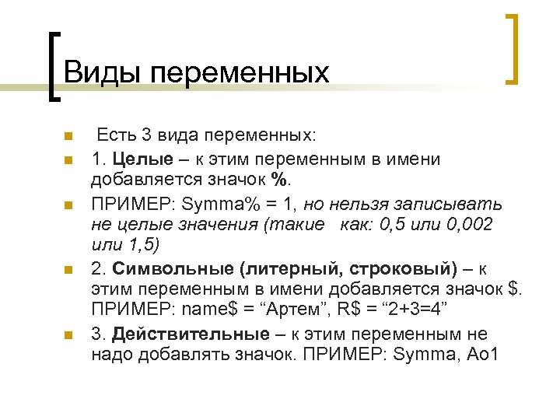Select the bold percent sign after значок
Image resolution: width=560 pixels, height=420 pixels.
click(x=279, y=180)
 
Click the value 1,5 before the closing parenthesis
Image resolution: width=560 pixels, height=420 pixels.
click(x=139, y=246)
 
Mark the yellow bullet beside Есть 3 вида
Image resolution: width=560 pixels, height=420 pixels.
click(x=68, y=137)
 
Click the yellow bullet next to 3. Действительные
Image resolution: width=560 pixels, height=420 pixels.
click(x=68, y=336)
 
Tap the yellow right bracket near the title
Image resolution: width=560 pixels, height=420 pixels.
click(x=513, y=48)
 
